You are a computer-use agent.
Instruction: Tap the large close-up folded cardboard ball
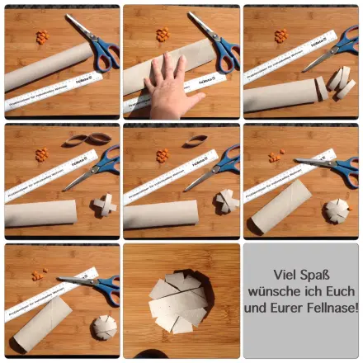coord(180,299)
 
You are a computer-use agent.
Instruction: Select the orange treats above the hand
coord(163,35)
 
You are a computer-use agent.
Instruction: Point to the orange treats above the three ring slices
coord(281,35)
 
